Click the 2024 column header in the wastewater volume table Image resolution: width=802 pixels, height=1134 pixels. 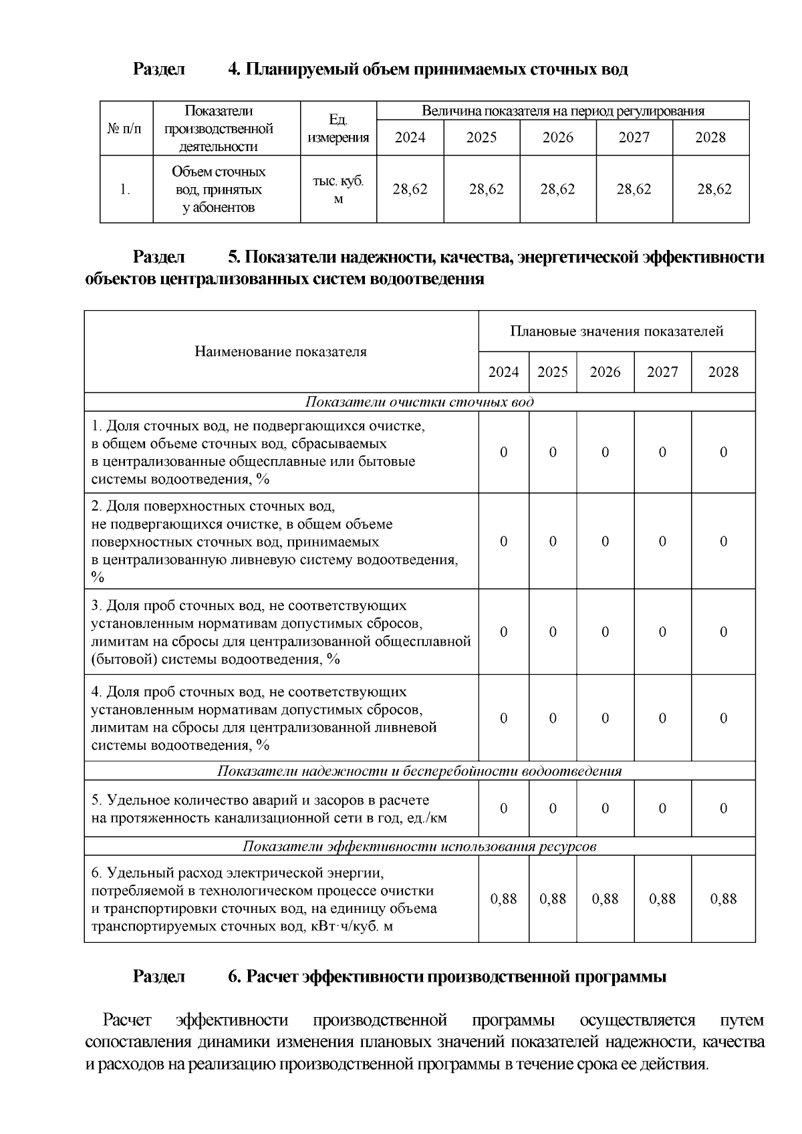point(410,138)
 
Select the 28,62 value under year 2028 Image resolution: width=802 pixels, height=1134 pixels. point(714,190)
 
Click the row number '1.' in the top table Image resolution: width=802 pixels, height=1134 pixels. point(126,190)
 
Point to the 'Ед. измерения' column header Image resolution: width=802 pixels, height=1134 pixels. point(338,129)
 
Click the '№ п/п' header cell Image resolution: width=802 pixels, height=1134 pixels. point(126,128)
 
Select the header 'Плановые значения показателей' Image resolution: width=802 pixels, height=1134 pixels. point(616,331)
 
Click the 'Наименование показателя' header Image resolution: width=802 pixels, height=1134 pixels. point(281,352)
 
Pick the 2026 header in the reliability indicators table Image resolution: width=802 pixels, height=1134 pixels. point(605,372)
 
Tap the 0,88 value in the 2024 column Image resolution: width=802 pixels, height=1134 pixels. point(503,899)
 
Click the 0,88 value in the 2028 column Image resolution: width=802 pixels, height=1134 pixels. point(723,899)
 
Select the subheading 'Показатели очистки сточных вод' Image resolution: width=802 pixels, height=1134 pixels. point(419,402)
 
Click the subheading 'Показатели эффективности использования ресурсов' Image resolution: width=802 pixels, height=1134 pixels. point(419,847)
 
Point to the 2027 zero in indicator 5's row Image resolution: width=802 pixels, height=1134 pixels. point(662,809)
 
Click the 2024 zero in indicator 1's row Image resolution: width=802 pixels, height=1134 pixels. point(503,452)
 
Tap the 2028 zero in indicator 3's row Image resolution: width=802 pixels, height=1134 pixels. point(723,632)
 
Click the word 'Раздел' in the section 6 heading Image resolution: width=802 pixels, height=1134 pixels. point(158,977)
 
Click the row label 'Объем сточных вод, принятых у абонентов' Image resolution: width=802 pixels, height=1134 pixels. point(219,190)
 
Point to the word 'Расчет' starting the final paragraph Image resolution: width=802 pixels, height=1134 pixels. point(127,1020)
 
